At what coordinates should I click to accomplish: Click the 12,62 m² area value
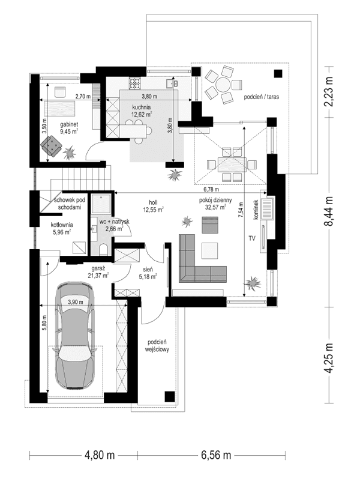coord(142,114)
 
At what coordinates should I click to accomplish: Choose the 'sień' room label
coord(148,270)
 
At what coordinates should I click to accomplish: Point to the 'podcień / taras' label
coord(262,96)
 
